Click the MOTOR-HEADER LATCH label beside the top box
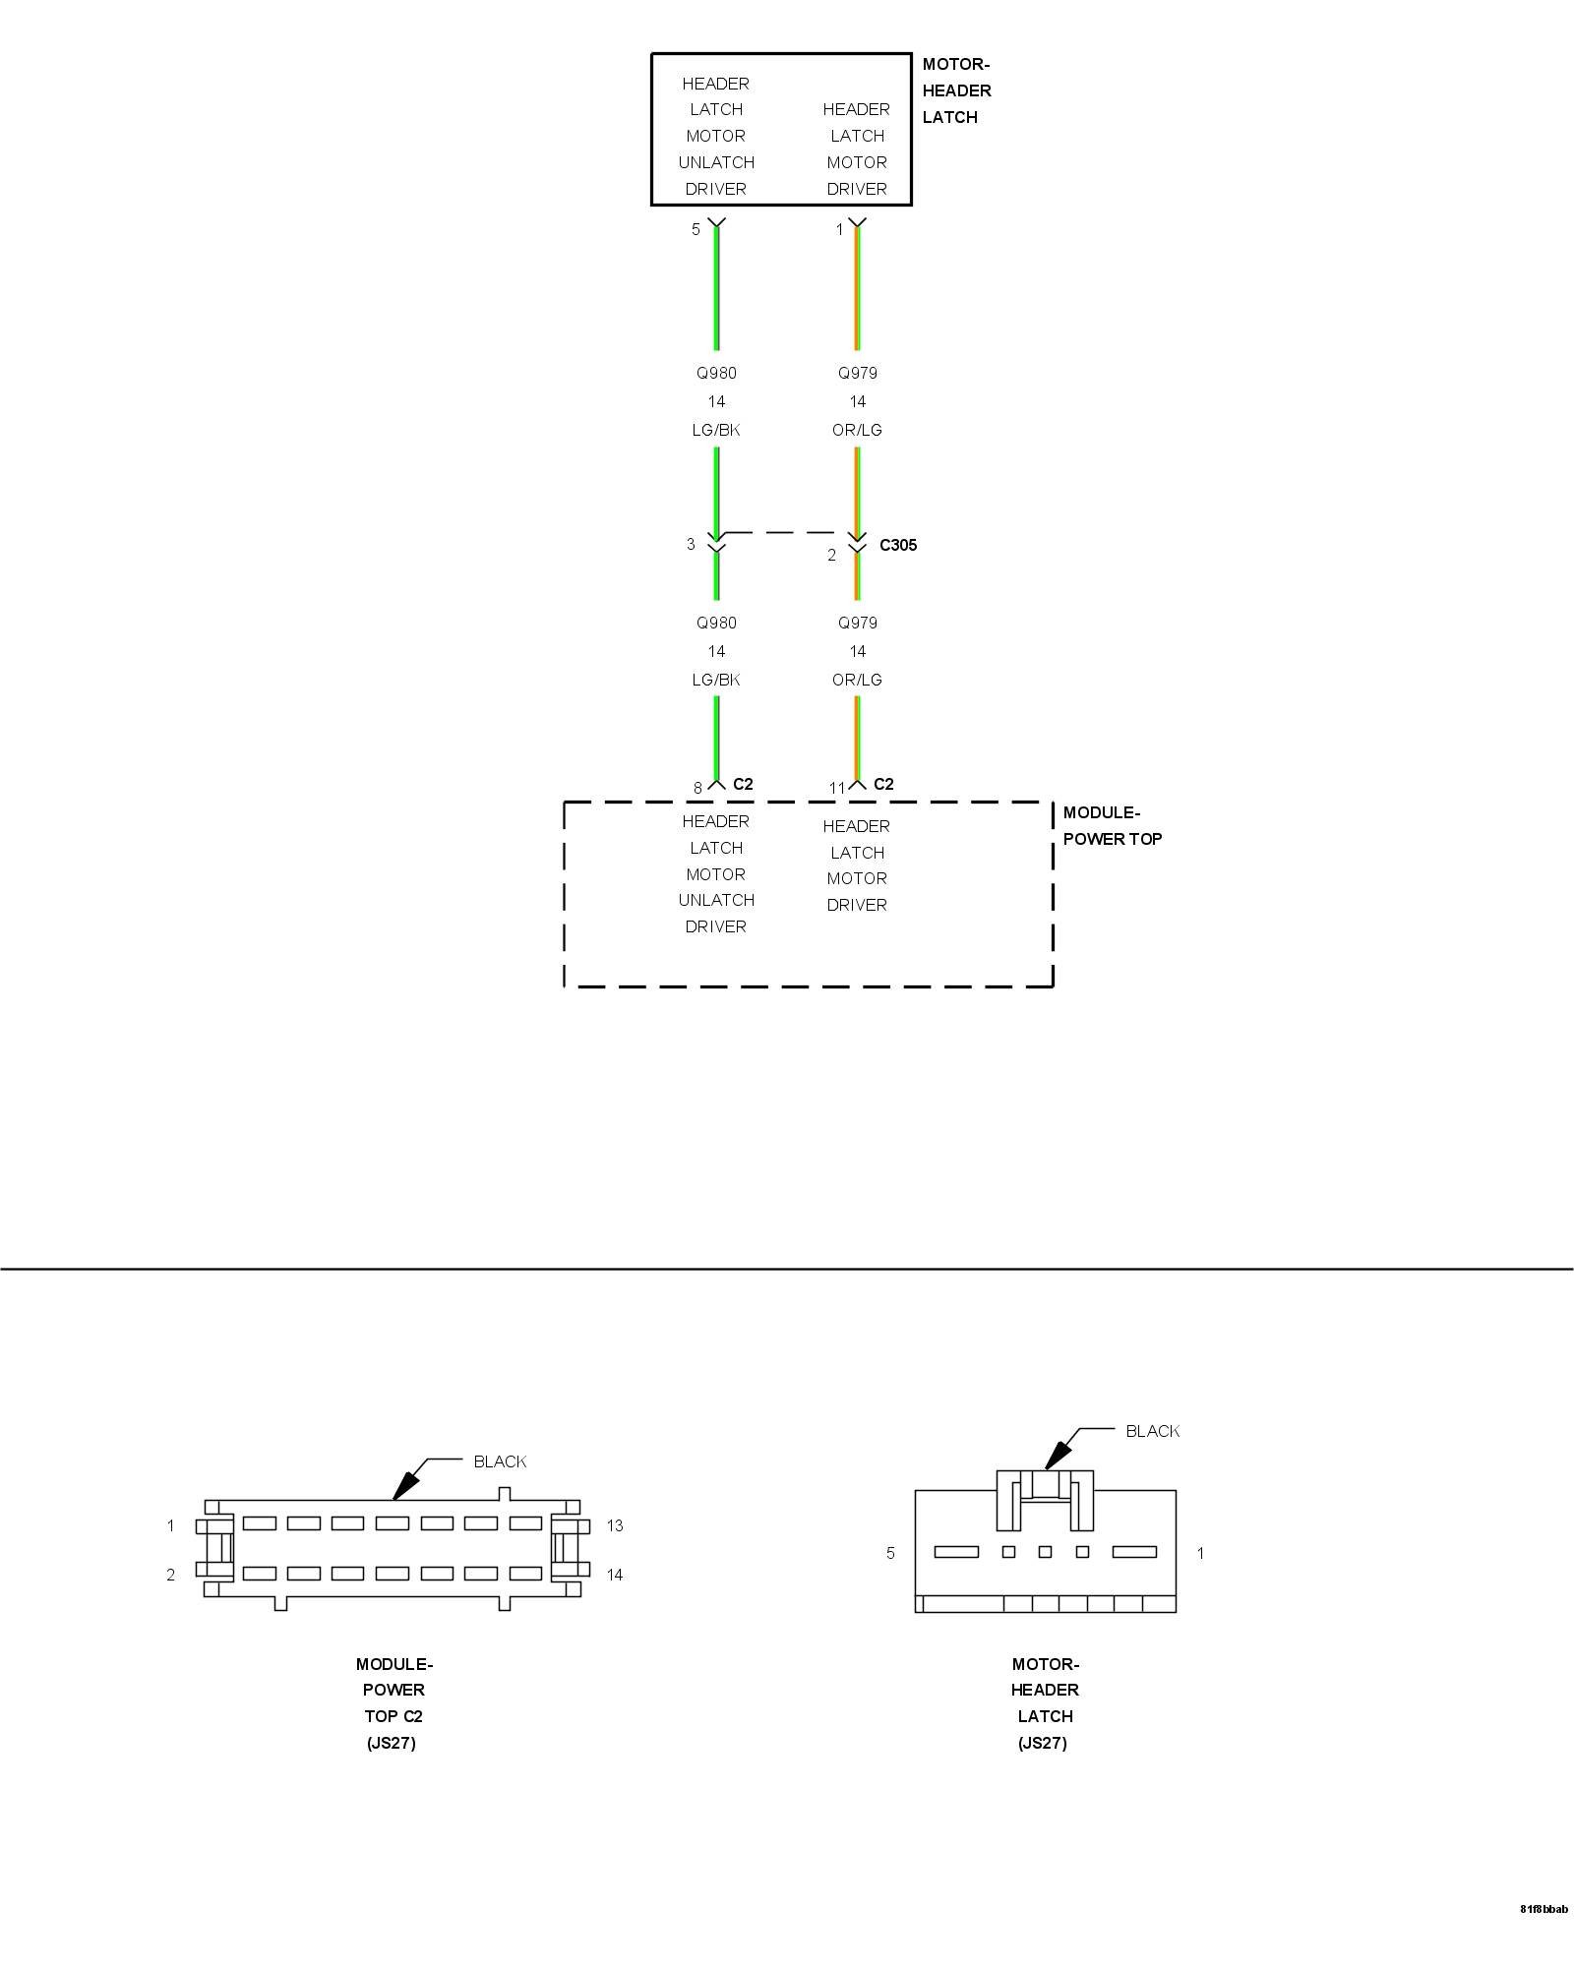956,90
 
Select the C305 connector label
897,545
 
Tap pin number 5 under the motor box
696,229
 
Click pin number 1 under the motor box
839,229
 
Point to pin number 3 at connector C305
691,544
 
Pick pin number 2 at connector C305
831,555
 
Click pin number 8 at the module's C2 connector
697,788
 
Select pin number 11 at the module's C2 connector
836,788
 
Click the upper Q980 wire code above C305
716,373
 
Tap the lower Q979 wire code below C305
857,623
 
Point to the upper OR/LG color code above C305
857,430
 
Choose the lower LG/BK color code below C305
716,680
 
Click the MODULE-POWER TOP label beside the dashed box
1112,826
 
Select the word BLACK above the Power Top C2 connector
500,1461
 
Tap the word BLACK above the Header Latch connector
1152,1431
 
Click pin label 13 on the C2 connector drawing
615,1526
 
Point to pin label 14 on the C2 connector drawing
615,1575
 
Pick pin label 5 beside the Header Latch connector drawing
891,1553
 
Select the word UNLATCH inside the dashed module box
716,900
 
